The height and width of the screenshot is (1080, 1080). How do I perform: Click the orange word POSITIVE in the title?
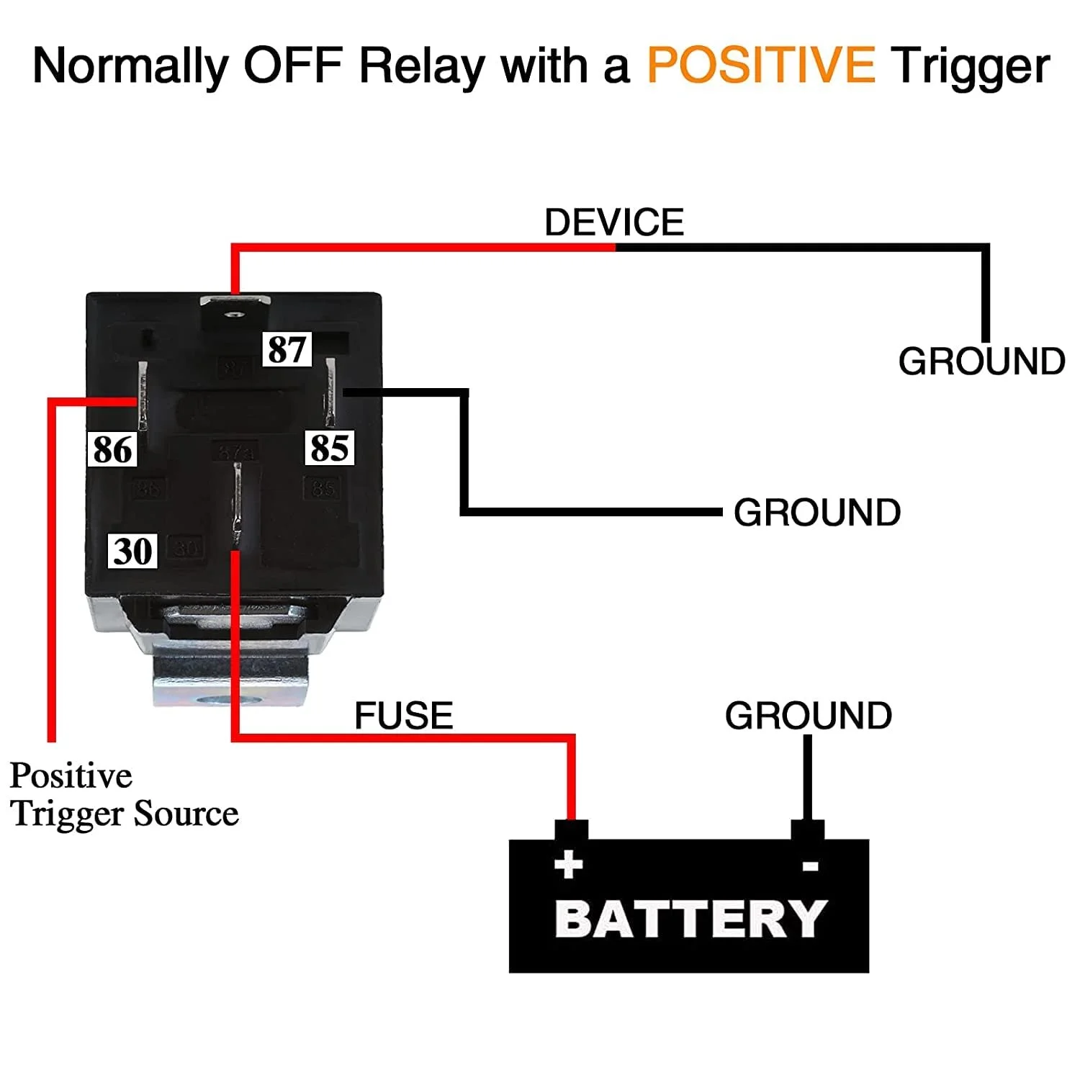coord(761,65)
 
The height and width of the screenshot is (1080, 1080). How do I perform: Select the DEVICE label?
coord(613,222)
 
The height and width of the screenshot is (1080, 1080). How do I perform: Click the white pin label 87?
coord(287,349)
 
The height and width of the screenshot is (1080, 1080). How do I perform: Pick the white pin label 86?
coord(112,449)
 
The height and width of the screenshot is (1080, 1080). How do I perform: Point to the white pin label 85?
coord(329,447)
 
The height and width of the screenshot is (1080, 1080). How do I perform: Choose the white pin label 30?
coord(132,551)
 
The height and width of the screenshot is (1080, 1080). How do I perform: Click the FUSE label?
coord(403,716)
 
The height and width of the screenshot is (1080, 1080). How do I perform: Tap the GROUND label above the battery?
coord(808,716)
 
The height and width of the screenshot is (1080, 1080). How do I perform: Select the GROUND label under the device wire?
coord(981,361)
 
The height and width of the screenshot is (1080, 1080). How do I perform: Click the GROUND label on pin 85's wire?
coord(817,513)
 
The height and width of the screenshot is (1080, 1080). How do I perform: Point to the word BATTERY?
coord(691,919)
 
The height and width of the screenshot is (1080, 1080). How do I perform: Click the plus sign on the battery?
coord(568,864)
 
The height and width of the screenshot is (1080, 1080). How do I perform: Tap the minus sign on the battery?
coord(810,866)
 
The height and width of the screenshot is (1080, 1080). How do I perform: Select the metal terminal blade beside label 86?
coord(143,395)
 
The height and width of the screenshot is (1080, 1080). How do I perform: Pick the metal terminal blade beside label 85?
coord(330,392)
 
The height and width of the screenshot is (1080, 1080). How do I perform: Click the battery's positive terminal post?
coord(571,830)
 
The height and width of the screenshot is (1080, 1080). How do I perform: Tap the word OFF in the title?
coord(292,65)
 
